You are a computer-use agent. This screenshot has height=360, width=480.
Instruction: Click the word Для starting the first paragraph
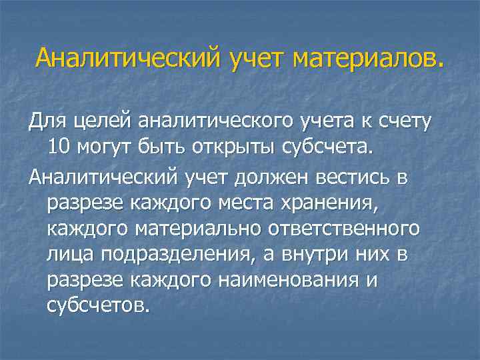point(45,121)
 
